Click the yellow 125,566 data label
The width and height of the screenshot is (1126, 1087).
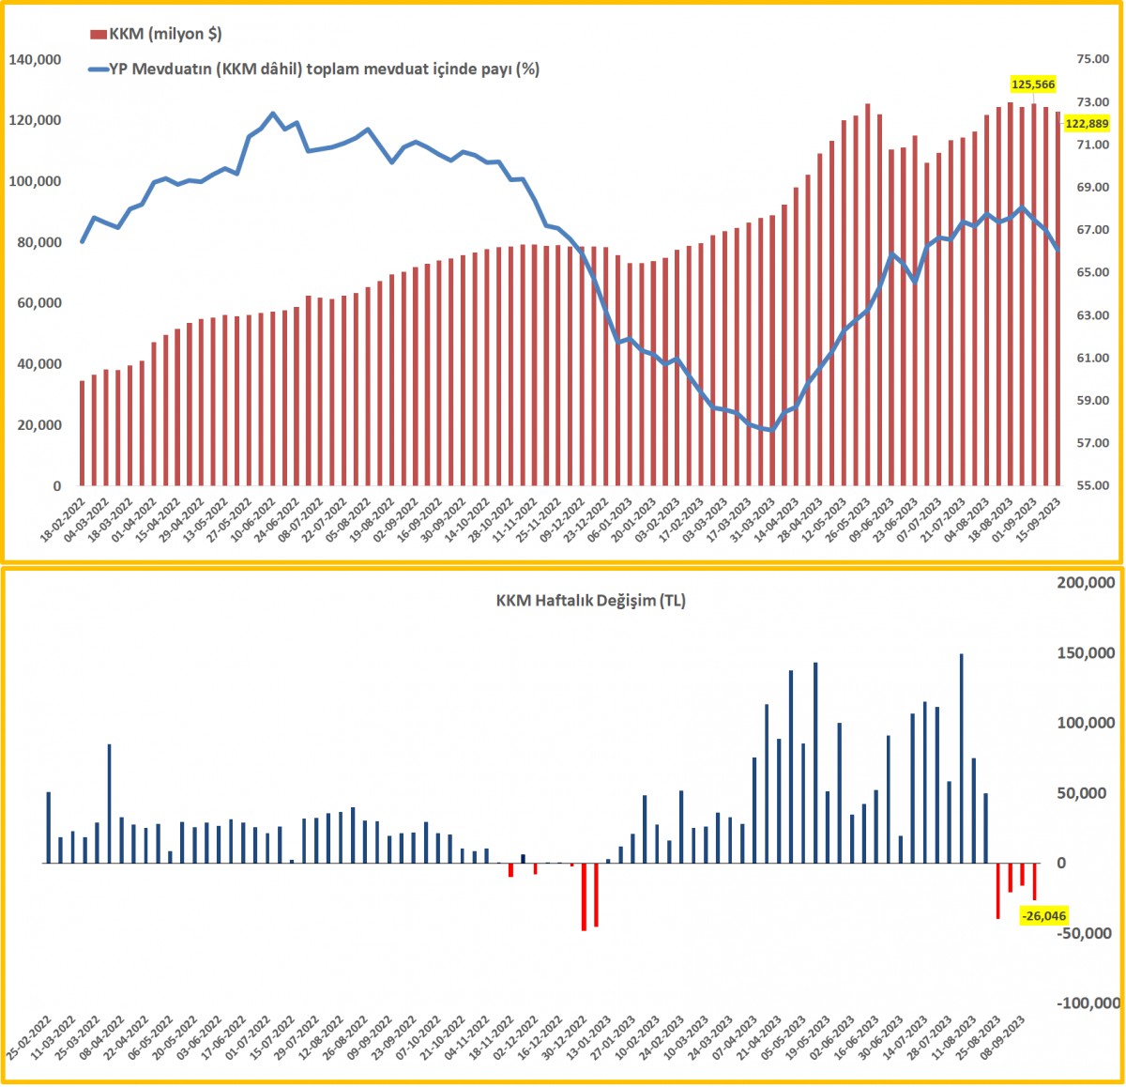tap(1032, 84)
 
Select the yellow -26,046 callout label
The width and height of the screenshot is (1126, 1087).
tap(1043, 915)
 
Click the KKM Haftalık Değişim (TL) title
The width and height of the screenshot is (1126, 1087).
tap(590, 601)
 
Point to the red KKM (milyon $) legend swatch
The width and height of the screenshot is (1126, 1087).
tap(98, 35)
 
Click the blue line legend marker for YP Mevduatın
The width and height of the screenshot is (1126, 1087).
tap(98, 69)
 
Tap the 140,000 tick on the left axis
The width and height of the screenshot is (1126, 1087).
tap(35, 60)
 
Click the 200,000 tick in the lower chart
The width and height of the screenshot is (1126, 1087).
tap(1087, 583)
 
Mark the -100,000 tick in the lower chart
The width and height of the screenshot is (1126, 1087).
tap(1087, 1003)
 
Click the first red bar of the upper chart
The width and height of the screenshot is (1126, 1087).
tap(83, 433)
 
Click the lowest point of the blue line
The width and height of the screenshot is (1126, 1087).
tap(771, 430)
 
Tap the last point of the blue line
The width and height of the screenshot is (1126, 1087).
tap(1058, 250)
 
